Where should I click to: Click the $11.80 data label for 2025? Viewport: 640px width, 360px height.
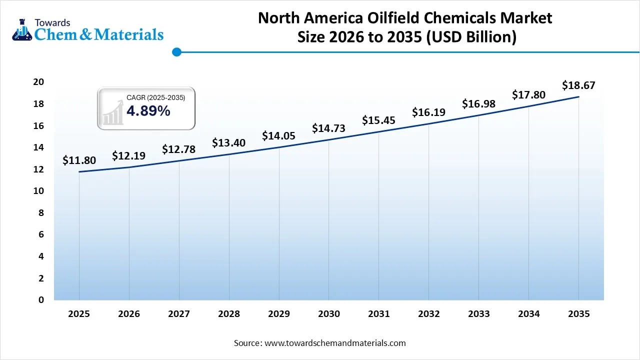pos(79,160)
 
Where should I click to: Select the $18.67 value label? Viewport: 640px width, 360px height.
pos(578,85)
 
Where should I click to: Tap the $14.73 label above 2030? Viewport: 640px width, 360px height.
pos(328,128)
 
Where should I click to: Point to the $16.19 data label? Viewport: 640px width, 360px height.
pos(428,112)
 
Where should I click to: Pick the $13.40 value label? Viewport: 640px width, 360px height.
pos(228,143)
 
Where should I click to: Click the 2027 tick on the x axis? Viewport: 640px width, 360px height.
pos(178,314)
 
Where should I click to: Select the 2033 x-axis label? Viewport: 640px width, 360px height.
pos(478,314)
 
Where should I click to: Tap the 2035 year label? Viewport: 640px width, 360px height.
pos(578,314)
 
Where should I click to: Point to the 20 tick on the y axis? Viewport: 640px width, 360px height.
pos(38,82)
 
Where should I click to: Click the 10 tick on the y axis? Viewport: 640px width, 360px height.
pos(38,191)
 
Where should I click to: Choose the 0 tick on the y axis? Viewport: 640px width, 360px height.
pos(41,300)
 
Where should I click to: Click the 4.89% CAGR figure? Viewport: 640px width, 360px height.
pos(148,111)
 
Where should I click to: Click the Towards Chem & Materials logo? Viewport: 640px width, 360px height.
pos(87,29)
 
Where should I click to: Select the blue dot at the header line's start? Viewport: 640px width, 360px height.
pos(176,51)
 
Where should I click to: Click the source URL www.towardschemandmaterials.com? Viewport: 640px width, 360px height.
pos(334,343)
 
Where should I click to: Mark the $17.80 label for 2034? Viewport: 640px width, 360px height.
pos(528,94)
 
